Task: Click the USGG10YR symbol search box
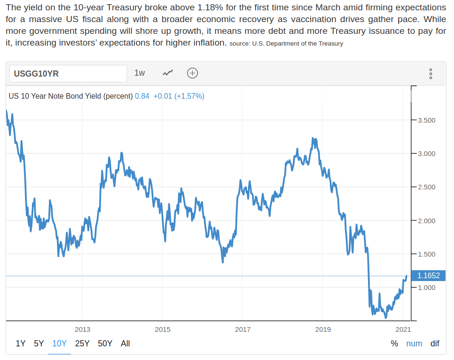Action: (x=68, y=73)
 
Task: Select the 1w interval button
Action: (x=140, y=73)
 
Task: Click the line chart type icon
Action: (x=168, y=73)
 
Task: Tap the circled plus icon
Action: (x=192, y=73)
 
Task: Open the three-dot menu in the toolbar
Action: (x=431, y=74)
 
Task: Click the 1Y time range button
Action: (x=21, y=344)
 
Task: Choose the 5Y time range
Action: (x=39, y=344)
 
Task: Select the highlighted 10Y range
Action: (x=60, y=344)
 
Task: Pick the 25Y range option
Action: (x=82, y=344)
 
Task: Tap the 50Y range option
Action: (x=105, y=344)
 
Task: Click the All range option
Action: (x=125, y=344)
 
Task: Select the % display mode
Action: (x=394, y=344)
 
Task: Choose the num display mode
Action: (x=414, y=344)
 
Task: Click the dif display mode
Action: (x=435, y=344)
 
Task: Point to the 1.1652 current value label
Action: (x=428, y=276)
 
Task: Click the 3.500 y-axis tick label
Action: (x=427, y=120)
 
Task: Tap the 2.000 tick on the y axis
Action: (x=427, y=221)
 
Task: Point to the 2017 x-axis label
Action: (x=243, y=329)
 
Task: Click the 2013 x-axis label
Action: (x=83, y=329)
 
